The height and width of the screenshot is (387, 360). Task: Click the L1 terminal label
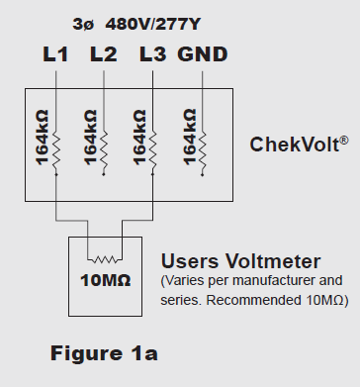[57, 54]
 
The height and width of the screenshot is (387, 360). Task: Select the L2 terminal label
[105, 54]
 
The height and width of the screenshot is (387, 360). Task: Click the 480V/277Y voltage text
[162, 23]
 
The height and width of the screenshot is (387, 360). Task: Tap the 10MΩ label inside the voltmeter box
[103, 277]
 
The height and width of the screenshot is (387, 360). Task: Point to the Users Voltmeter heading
[240, 262]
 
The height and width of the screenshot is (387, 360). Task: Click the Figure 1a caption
[104, 351]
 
